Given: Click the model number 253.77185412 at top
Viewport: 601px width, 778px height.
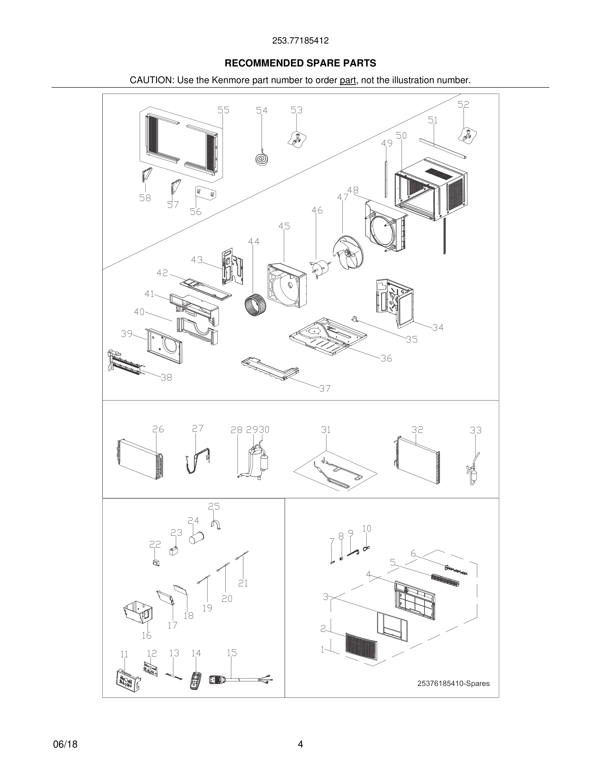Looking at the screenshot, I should [300, 41].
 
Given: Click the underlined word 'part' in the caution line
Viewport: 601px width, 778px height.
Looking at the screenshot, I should [348, 80].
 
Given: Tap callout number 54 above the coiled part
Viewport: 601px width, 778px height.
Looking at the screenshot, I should [262, 110].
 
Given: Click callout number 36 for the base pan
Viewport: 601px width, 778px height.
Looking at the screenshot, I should [386, 358].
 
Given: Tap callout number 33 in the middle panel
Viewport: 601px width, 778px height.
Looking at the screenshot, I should [475, 430].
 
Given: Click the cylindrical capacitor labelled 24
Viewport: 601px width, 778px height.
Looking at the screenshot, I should [196, 538].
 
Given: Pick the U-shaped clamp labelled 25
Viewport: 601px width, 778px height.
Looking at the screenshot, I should [216, 524].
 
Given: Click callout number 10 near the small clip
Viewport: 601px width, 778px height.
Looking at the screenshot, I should [366, 528].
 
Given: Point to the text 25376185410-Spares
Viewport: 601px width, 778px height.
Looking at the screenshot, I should [453, 684].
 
